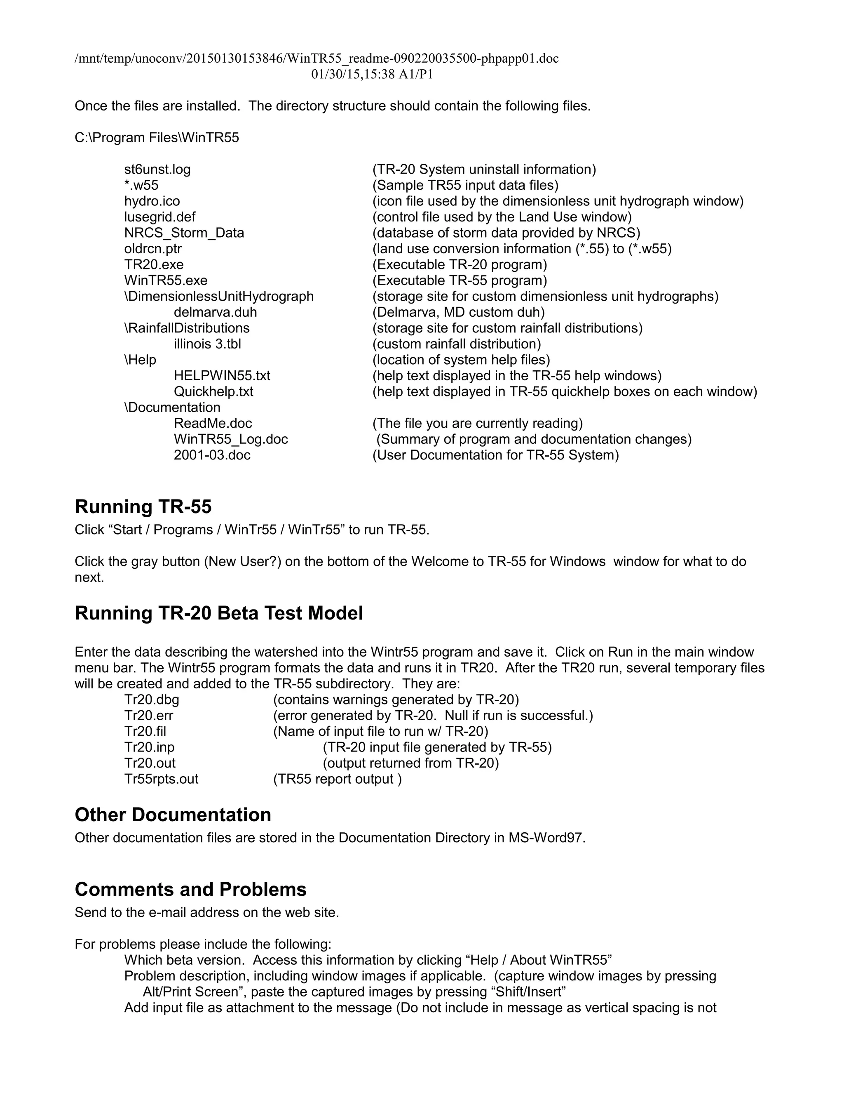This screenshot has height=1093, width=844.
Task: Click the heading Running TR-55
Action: tap(143, 507)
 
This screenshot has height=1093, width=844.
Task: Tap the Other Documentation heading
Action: tap(173, 815)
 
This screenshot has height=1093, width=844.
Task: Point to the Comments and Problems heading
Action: tap(190, 889)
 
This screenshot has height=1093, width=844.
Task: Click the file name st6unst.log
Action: tap(157, 170)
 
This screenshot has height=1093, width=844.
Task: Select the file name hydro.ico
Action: tap(152, 201)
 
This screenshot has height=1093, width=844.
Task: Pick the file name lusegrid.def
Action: tap(159, 217)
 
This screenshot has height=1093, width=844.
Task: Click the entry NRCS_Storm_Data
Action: tap(184, 233)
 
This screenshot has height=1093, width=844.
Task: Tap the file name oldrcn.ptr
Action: tap(152, 249)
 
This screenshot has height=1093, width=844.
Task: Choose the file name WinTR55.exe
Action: tap(166, 281)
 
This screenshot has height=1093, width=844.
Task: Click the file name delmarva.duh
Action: tap(215, 312)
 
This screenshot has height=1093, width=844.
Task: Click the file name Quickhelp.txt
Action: tap(213, 392)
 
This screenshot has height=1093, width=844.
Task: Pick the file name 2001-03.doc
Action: tap(212, 455)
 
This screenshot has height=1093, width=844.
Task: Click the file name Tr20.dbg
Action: tap(152, 700)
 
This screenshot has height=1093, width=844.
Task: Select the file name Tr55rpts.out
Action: tap(161, 779)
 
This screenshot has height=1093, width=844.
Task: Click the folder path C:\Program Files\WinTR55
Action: tap(157, 138)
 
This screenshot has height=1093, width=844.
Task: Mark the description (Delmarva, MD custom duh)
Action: tap(458, 312)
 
